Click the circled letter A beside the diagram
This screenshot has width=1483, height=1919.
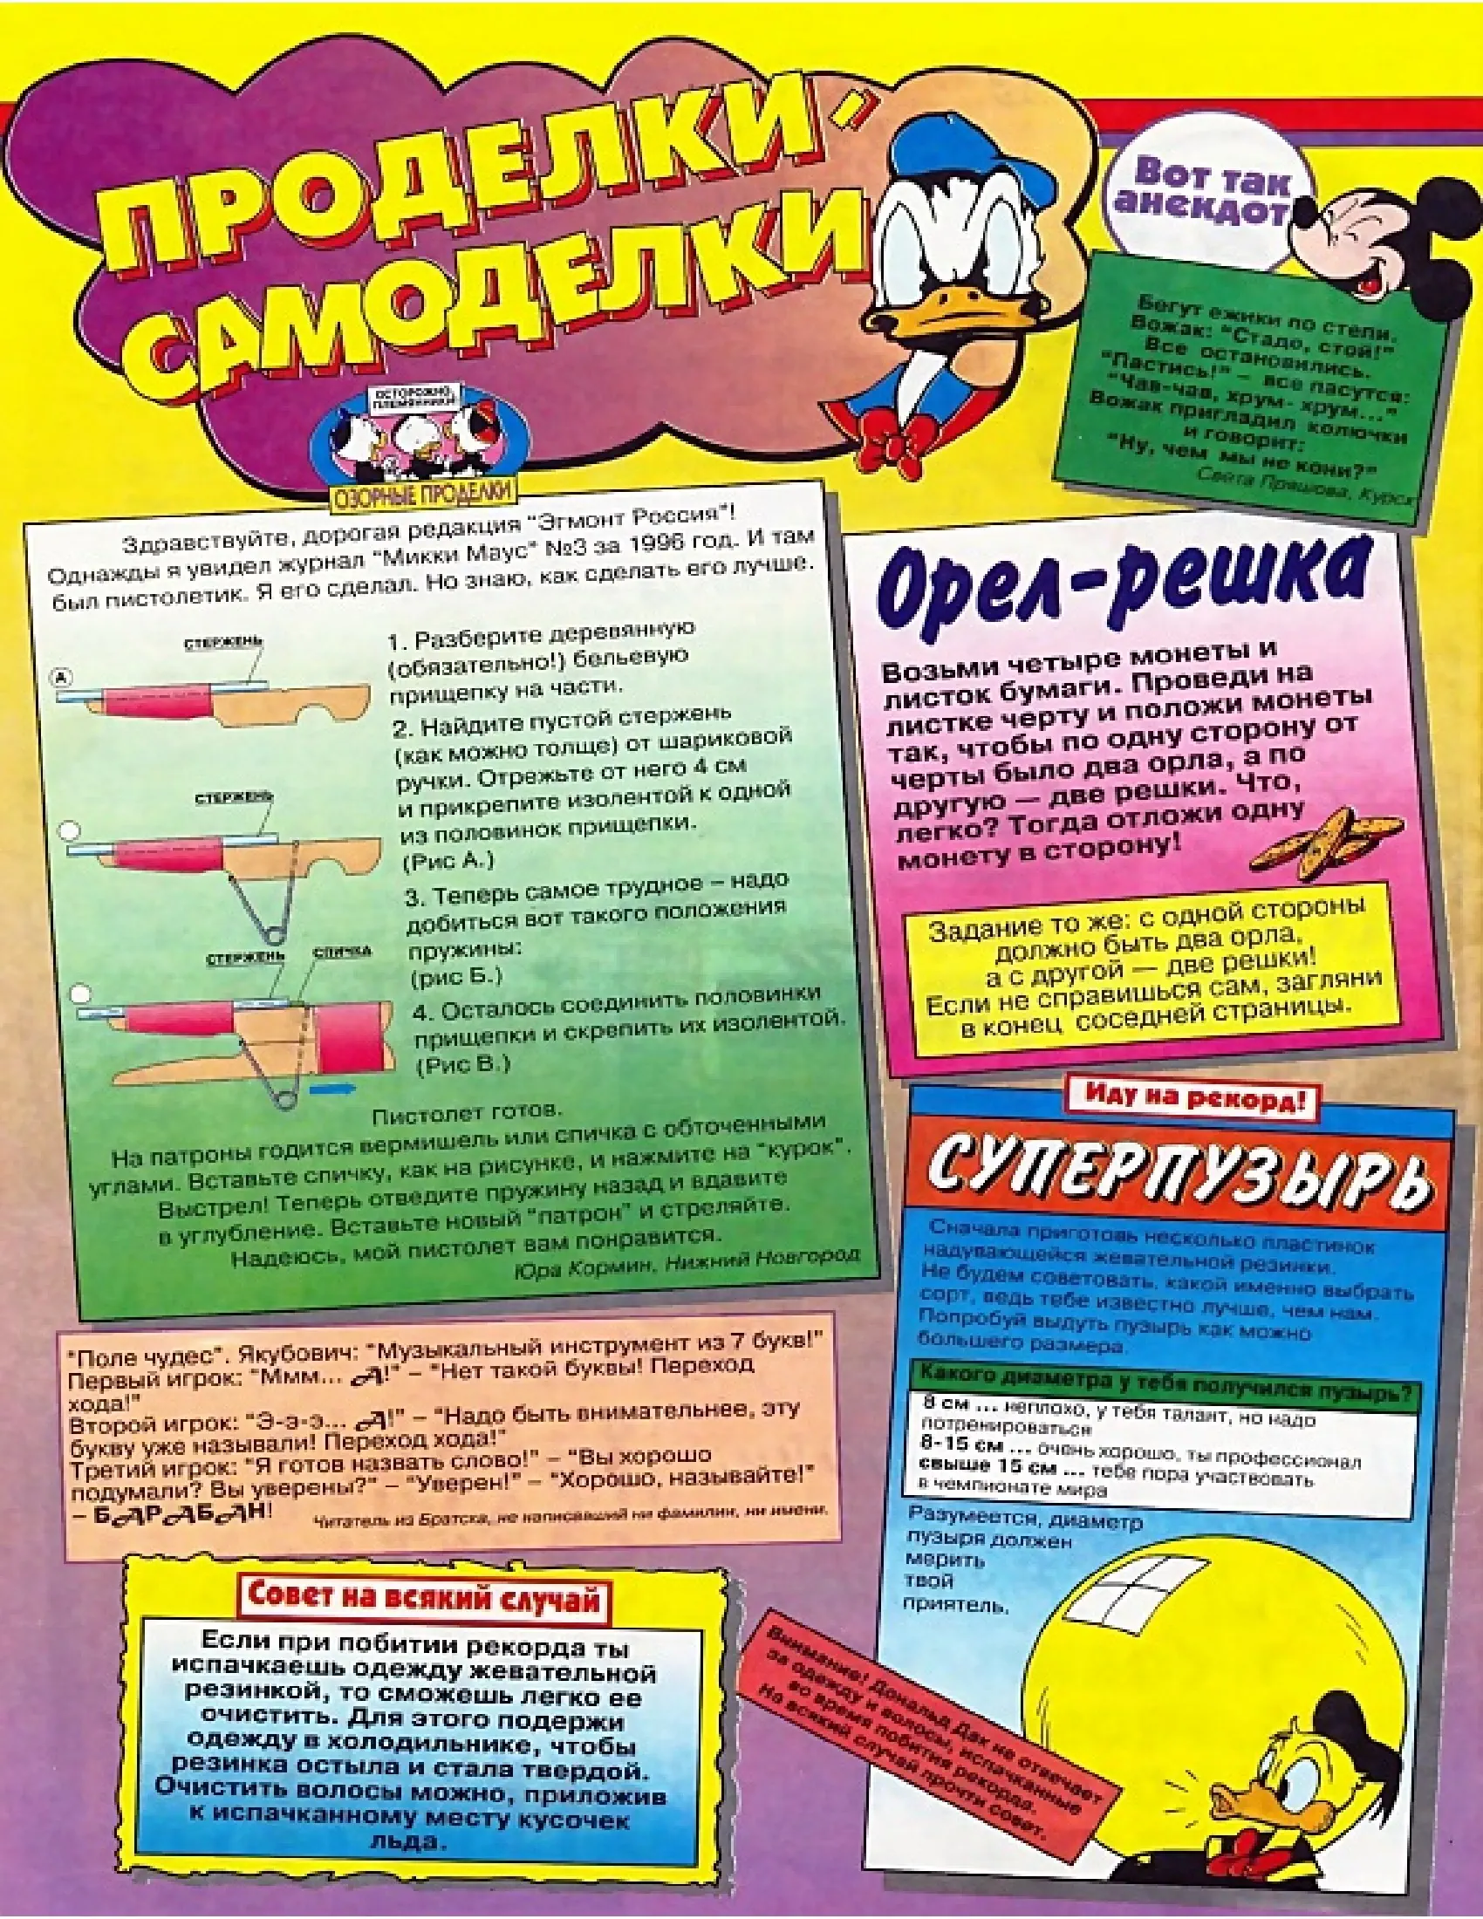pyautogui.click(x=61, y=678)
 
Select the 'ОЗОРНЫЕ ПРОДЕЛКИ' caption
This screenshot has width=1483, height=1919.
pyautogui.click(x=424, y=493)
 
